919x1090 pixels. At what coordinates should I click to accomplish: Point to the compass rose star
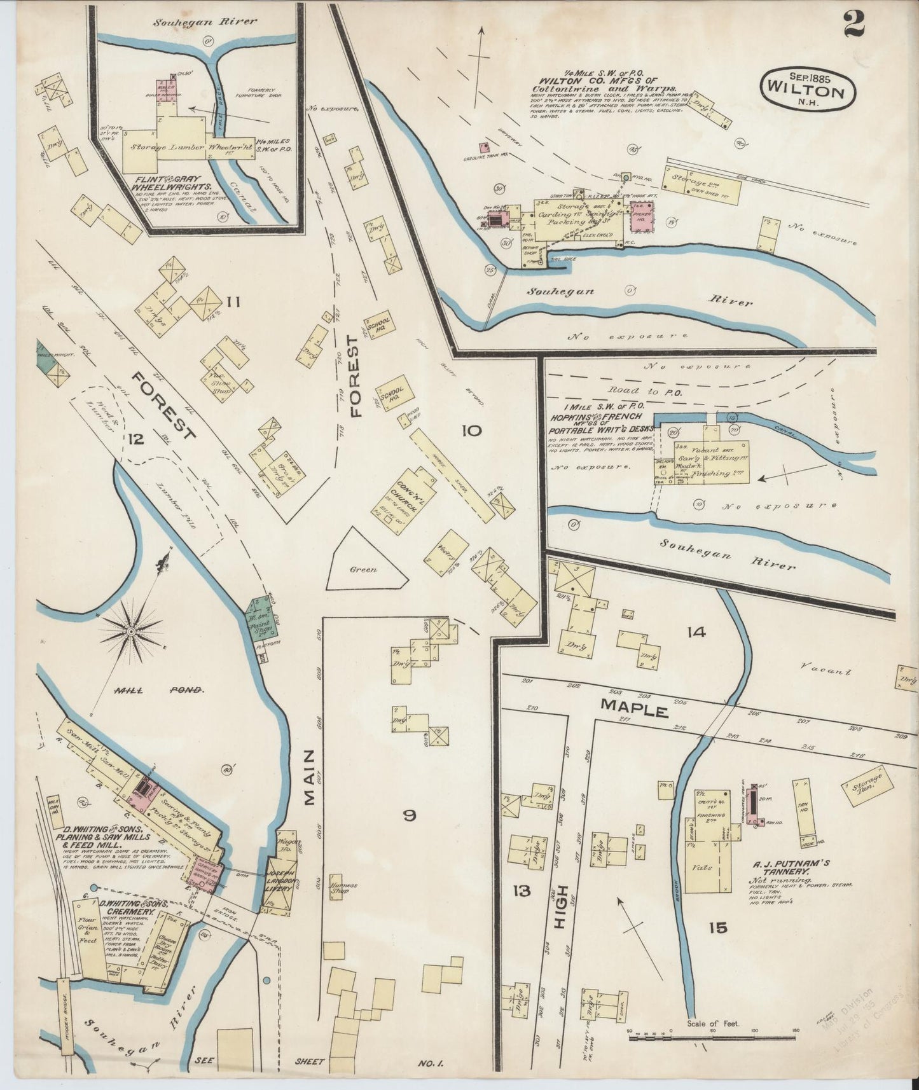[130, 630]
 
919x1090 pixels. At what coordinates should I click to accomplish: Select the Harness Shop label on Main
[343, 887]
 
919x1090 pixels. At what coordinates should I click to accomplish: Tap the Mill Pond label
[159, 690]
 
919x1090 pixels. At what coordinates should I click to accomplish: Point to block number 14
[696, 631]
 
